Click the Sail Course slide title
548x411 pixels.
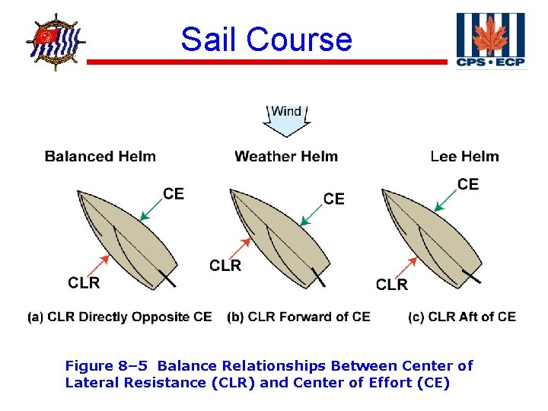[266, 39]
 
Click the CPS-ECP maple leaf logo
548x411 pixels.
[490, 40]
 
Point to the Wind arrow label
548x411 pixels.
[286, 113]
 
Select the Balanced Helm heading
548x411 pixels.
[100, 157]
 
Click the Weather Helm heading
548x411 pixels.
[286, 157]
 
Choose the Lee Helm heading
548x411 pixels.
[464, 157]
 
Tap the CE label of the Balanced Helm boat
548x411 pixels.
[174, 194]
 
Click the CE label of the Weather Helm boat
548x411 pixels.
[334, 199]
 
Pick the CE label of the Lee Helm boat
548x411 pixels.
[468, 184]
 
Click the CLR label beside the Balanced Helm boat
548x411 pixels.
[84, 283]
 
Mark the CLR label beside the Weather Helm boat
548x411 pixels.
[225, 266]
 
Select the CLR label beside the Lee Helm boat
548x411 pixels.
[392, 285]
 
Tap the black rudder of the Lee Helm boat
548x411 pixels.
[472, 276]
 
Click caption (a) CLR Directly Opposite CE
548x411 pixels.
[119, 317]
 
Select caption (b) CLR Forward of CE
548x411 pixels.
[298, 317]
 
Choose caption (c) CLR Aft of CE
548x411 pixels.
[461, 317]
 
